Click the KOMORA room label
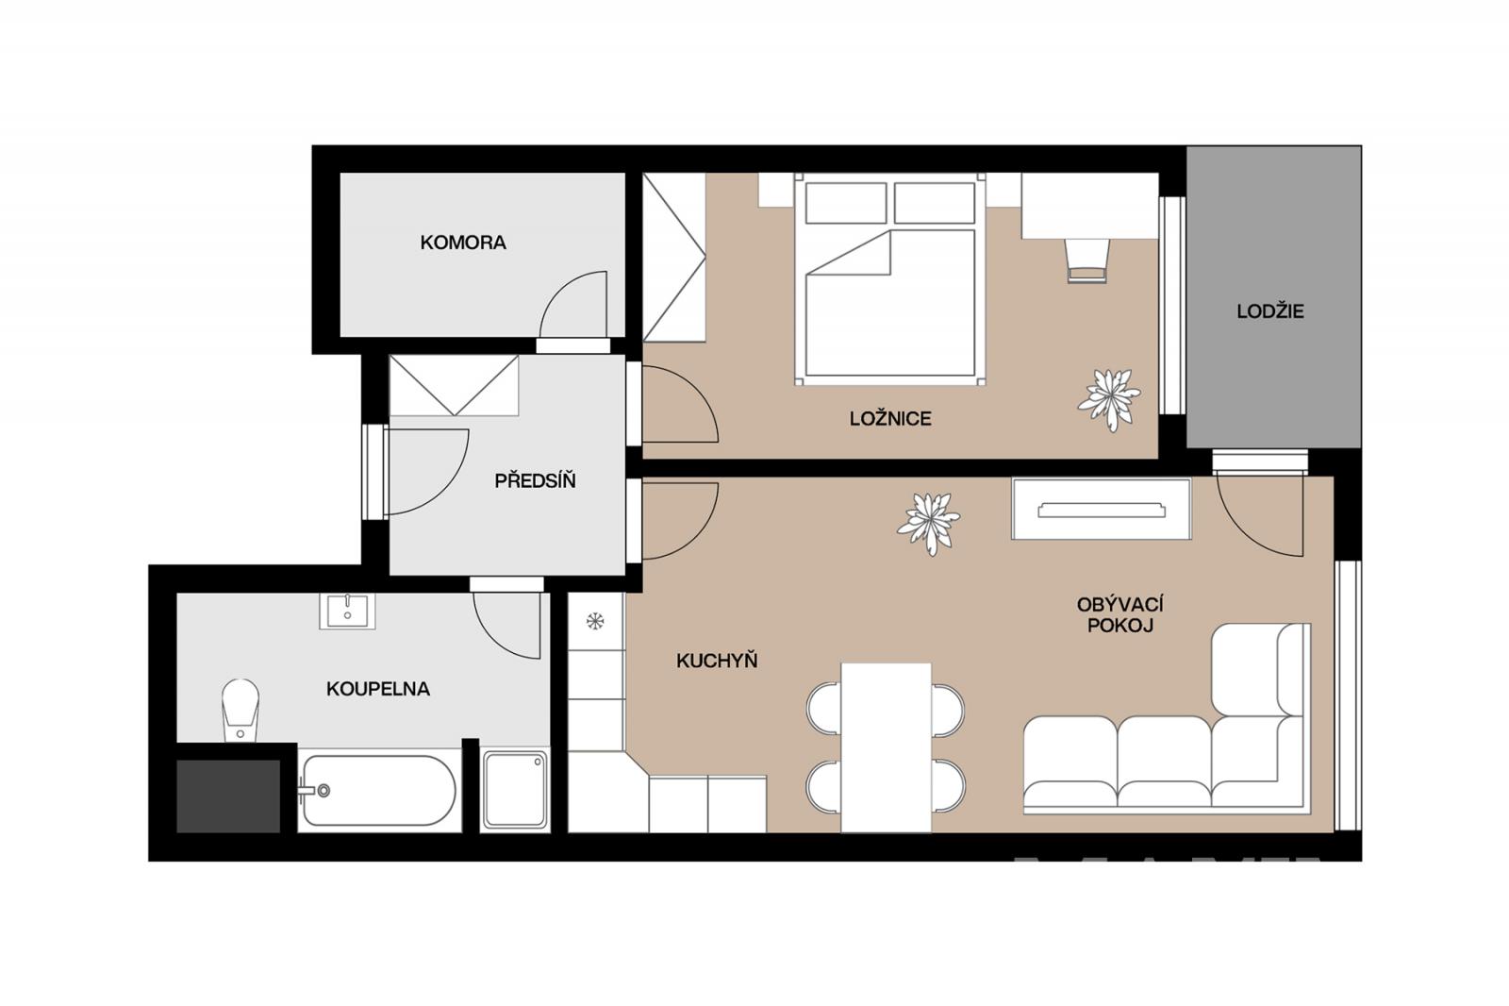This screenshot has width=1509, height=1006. point(463,243)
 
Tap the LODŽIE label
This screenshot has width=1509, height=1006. point(1269,311)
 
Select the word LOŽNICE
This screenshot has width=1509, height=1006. point(890,419)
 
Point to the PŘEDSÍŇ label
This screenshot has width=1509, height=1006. point(535,480)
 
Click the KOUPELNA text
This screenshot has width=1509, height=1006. point(378,689)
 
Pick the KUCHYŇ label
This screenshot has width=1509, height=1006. point(717,661)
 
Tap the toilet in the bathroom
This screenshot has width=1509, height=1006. point(240,710)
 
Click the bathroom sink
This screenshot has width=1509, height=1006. point(347,612)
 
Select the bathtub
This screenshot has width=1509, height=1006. point(378,790)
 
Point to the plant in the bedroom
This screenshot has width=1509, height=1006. point(1109,399)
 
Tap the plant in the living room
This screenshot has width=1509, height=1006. point(929,523)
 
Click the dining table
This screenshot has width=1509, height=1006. point(886,747)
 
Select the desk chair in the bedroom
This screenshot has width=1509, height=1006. point(1086,260)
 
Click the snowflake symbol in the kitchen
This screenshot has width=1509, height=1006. point(595,621)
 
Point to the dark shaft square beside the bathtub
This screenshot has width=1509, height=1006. point(228,796)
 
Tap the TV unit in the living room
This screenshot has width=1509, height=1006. point(1102,509)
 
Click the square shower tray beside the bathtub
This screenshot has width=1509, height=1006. point(515,790)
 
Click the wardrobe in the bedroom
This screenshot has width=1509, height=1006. point(673,257)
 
